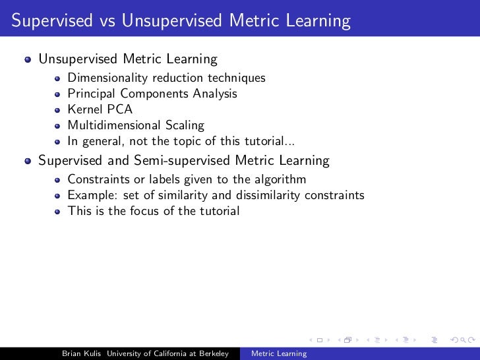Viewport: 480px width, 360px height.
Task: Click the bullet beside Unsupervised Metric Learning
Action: tap(28, 60)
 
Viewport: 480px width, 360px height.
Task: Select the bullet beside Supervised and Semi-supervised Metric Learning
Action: tap(28, 161)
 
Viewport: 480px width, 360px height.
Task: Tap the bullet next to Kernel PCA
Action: tap(58, 110)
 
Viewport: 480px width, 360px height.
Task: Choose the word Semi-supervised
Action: tap(184, 160)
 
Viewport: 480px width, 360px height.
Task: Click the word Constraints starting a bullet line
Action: tap(96, 179)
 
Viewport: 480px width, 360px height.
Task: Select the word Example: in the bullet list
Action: tap(90, 195)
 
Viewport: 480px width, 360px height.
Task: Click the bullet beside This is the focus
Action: tap(58, 212)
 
